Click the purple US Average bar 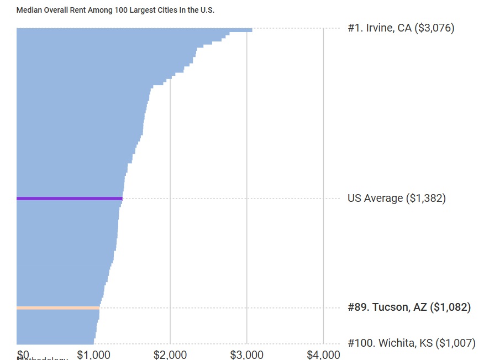(x=69, y=198)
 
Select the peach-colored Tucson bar (x=58, y=308)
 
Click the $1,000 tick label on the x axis (x=93, y=354)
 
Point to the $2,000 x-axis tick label (x=170, y=354)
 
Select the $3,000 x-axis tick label (x=247, y=354)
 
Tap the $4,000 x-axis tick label (x=323, y=354)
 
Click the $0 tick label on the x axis (x=23, y=354)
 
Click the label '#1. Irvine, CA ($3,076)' (x=401, y=28)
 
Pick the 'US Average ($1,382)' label (x=396, y=198)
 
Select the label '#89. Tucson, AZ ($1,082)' (x=409, y=307)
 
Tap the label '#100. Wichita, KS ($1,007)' (x=411, y=343)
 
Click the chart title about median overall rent (x=115, y=10)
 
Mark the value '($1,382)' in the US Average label (x=425, y=198)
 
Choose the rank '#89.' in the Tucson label (x=359, y=307)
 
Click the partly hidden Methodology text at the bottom (x=43, y=358)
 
